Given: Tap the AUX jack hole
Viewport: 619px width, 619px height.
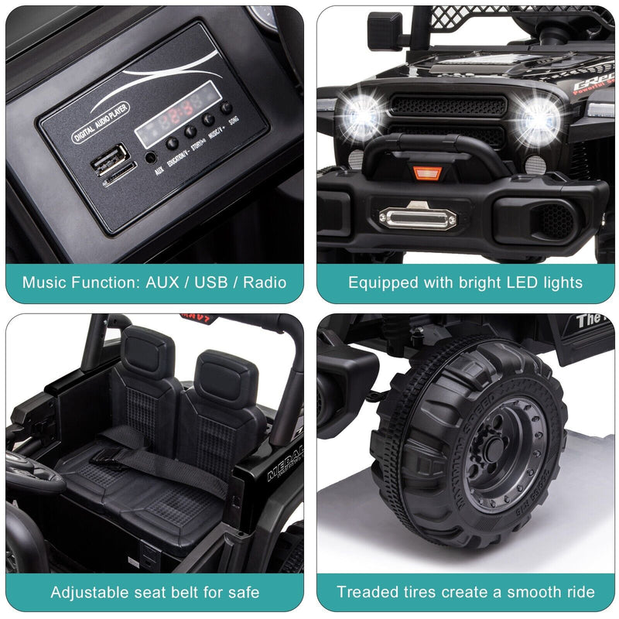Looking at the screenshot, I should click(x=149, y=157).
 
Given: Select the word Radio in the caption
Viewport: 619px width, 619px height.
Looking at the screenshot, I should click(x=265, y=282).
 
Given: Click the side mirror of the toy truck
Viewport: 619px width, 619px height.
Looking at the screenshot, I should click(x=385, y=32).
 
